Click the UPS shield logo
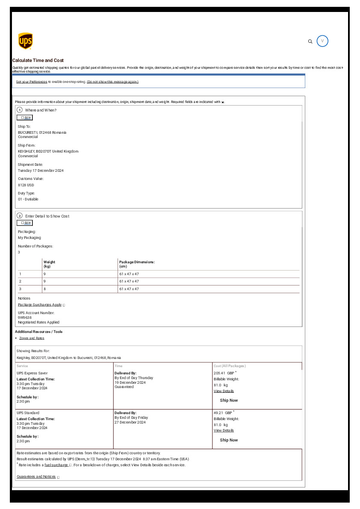click(x=26, y=41)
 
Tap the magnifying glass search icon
click(x=310, y=41)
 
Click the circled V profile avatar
click(x=322, y=41)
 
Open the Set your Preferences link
click(x=32, y=82)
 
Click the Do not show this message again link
click(x=112, y=82)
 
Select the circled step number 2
click(x=20, y=216)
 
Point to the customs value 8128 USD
click(x=26, y=185)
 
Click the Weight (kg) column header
click(x=49, y=264)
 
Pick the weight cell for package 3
click(x=44, y=289)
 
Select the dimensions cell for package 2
click(x=129, y=281)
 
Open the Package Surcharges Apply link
click(x=40, y=305)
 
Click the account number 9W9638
click(x=25, y=318)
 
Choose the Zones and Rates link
click(x=32, y=338)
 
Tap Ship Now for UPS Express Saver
click(x=229, y=400)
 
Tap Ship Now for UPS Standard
click(x=229, y=440)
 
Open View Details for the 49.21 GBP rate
click(x=224, y=430)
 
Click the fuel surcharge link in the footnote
click(x=56, y=465)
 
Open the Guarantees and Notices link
click(x=36, y=477)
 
